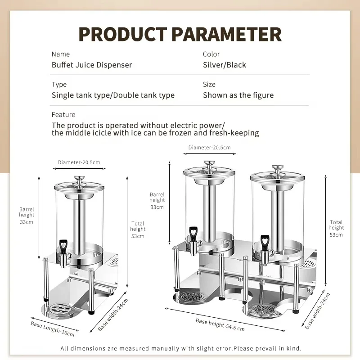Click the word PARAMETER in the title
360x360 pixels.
pos(226,34)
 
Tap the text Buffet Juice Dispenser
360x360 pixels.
pos(92,65)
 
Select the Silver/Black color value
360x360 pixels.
pos(224,65)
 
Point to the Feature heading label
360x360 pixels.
pos(63,115)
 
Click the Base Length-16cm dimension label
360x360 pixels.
pos(53,329)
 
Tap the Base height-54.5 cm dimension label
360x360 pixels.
pos(220,324)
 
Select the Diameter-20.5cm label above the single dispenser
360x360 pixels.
pos(79,162)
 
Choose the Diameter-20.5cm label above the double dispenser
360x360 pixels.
pos(209,148)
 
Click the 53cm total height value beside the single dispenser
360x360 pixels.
pos(138,236)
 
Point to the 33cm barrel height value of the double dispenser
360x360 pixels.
pos(157,207)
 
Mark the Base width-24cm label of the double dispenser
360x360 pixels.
pos(318,310)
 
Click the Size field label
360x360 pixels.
pos(209,85)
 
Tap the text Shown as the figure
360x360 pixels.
pos(238,95)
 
